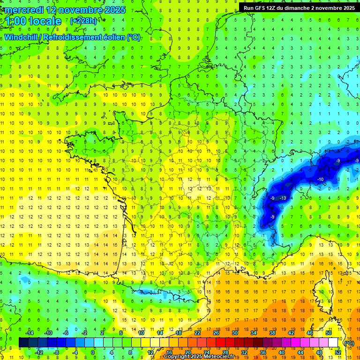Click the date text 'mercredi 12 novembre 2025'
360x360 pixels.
tap(66, 9)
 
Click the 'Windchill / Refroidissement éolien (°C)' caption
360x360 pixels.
tap(72, 37)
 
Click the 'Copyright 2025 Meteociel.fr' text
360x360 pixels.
tap(200, 357)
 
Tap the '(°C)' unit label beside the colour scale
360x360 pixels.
tap(349, 343)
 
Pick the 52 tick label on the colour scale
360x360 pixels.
tap(338, 352)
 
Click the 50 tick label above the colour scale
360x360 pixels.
tap(329, 333)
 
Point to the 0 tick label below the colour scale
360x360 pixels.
tap(92, 352)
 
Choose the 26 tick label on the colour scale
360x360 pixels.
tap(216, 333)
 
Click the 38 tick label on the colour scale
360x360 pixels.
tap(272, 333)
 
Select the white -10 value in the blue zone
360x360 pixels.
tap(320, 180)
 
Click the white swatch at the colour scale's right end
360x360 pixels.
tap(333, 342)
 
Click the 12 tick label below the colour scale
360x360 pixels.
tap(151, 352)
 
